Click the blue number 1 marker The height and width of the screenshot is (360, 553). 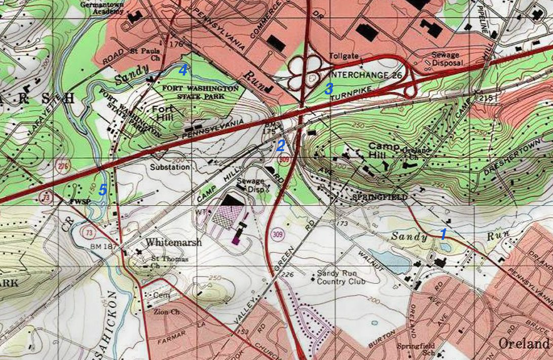443,234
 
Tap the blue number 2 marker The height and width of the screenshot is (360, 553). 280,146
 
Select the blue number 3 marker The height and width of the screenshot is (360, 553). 328,89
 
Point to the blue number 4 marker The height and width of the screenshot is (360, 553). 183,70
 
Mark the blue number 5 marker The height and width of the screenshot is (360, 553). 102,190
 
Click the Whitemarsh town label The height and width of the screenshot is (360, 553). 173,242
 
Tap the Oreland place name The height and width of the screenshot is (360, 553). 523,343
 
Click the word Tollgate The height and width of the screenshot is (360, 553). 344,55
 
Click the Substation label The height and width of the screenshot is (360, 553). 170,166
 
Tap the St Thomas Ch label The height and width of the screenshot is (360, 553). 163,262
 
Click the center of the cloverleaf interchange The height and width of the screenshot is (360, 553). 305,70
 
